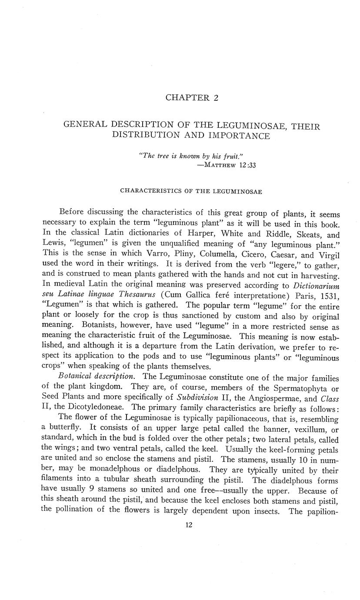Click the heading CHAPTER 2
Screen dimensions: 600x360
(x=192, y=98)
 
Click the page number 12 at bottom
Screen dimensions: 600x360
(x=189, y=525)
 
